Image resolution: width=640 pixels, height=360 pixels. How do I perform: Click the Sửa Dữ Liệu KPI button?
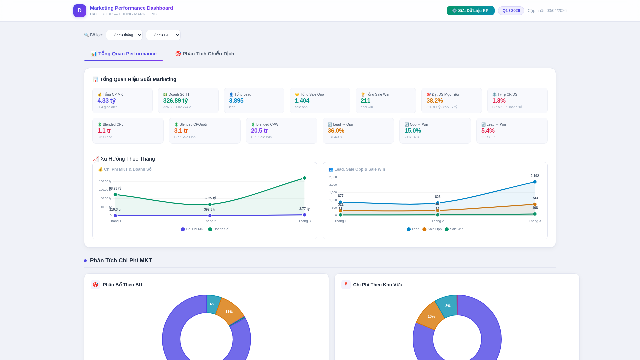pyautogui.click(x=470, y=11)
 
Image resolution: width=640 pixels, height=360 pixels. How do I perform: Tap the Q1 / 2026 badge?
pyautogui.click(x=511, y=11)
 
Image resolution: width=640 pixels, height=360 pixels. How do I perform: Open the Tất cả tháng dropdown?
pyautogui.click(x=124, y=35)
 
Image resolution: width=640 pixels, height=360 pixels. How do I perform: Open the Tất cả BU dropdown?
pyautogui.click(x=163, y=35)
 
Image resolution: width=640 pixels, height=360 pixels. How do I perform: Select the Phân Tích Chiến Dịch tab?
pyautogui.click(x=205, y=54)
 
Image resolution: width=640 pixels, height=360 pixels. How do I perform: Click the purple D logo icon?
pyautogui.click(x=80, y=11)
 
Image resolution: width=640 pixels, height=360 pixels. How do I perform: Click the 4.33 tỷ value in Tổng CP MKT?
pyautogui.click(x=106, y=101)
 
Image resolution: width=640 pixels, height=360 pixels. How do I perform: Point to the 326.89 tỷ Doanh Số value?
pyautogui.click(x=175, y=101)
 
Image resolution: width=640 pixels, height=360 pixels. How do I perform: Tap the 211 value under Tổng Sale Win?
pyautogui.click(x=365, y=101)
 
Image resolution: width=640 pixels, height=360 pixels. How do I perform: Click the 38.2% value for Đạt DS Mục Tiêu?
pyautogui.click(x=434, y=101)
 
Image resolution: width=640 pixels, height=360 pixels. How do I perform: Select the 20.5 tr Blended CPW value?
pyautogui.click(x=259, y=131)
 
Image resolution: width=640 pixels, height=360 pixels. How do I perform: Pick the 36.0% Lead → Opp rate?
pyautogui.click(x=336, y=131)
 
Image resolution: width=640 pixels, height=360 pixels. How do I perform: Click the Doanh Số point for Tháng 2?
pyautogui.click(x=210, y=205)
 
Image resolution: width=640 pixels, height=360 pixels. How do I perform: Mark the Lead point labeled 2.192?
pyautogui.click(x=535, y=182)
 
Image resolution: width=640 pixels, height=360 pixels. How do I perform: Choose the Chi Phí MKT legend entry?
pyautogui.click(x=193, y=229)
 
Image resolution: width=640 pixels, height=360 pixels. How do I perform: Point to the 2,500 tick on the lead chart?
pyautogui.click(x=333, y=177)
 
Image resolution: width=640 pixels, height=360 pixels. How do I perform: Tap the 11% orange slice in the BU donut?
pyautogui.click(x=229, y=312)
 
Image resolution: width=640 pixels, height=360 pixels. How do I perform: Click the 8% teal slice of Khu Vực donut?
pyautogui.click(x=448, y=306)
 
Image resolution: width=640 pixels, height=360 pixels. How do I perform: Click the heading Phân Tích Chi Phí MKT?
pyautogui.click(x=121, y=261)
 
